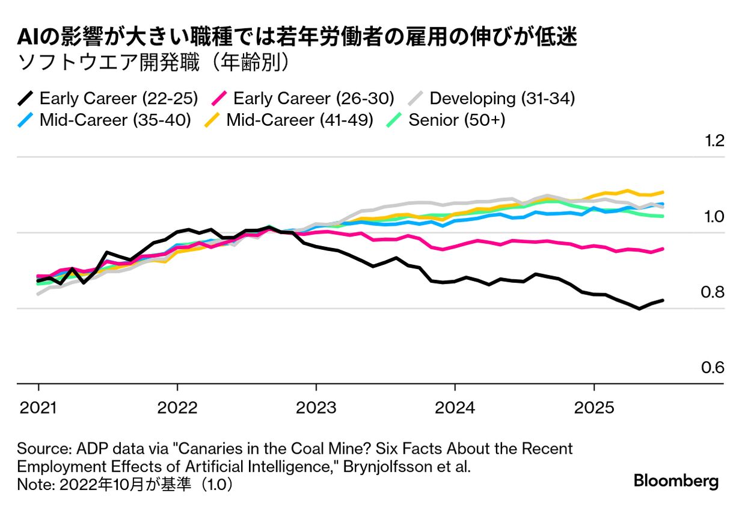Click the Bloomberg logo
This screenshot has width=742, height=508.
[x=676, y=481]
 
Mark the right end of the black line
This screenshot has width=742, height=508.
[x=663, y=300]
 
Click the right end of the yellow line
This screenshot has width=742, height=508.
[x=663, y=192]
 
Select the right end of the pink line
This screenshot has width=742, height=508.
[x=663, y=248]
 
